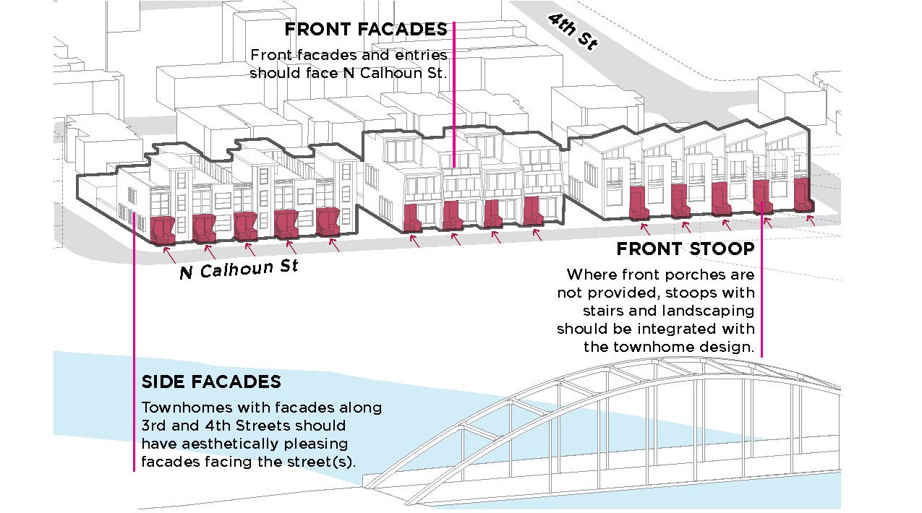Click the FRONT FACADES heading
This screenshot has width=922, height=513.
366,30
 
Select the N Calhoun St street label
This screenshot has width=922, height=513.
239,270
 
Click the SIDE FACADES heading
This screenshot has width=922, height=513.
211,381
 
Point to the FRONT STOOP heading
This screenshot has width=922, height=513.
685,249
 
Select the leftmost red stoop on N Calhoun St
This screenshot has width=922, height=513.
163,229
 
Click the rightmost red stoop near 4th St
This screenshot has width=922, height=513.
801,194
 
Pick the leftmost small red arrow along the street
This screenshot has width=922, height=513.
169,254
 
